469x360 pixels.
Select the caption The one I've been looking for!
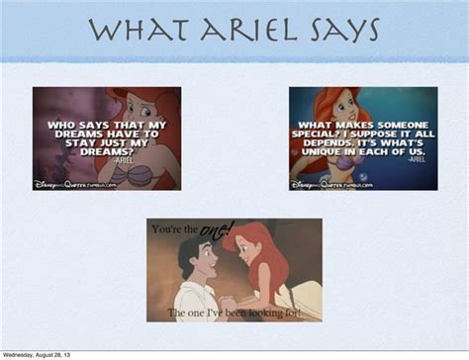[234, 313]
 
